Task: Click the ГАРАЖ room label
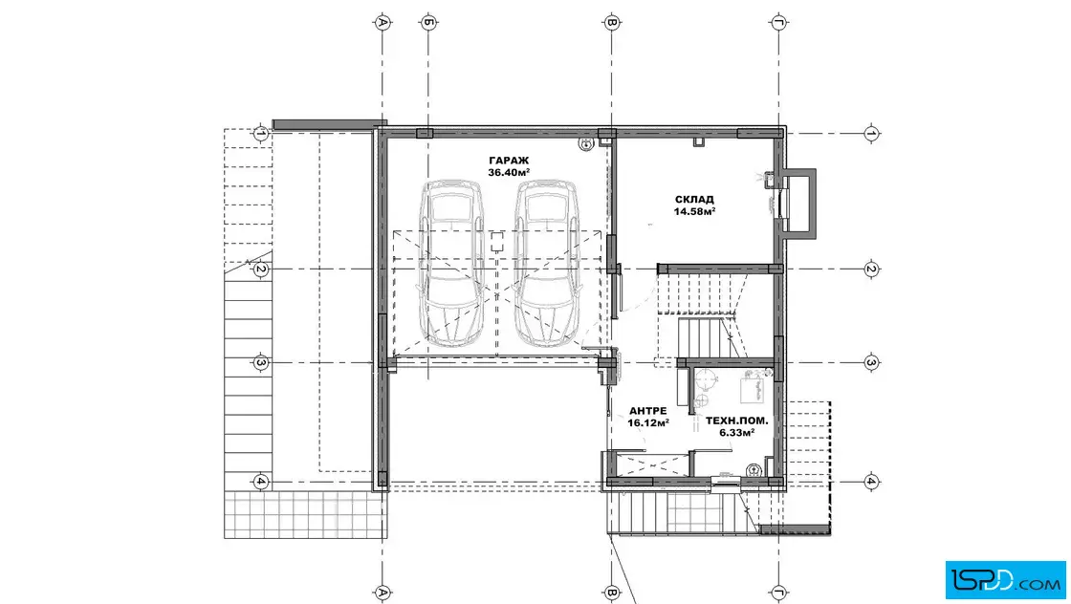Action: click(x=509, y=162)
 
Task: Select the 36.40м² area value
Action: click(x=509, y=173)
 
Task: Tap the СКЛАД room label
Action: click(x=694, y=200)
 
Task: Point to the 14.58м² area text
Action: click(x=694, y=211)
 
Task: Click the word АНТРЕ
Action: click(x=647, y=411)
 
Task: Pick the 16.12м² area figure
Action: click(x=647, y=423)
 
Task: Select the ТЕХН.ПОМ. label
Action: click(x=736, y=421)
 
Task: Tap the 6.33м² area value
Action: click(x=736, y=433)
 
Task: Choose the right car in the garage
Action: click(x=548, y=263)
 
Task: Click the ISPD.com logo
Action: click(x=1005, y=580)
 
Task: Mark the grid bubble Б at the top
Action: click(x=428, y=23)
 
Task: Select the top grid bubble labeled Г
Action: click(x=778, y=23)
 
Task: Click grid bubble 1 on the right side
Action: click(x=871, y=133)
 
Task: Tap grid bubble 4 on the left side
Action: click(x=260, y=482)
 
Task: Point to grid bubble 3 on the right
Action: click(x=871, y=363)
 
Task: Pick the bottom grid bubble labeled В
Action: click(x=612, y=593)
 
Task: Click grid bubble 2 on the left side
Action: click(x=260, y=270)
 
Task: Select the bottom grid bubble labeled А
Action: click(x=382, y=593)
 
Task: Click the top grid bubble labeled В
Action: click(x=612, y=23)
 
